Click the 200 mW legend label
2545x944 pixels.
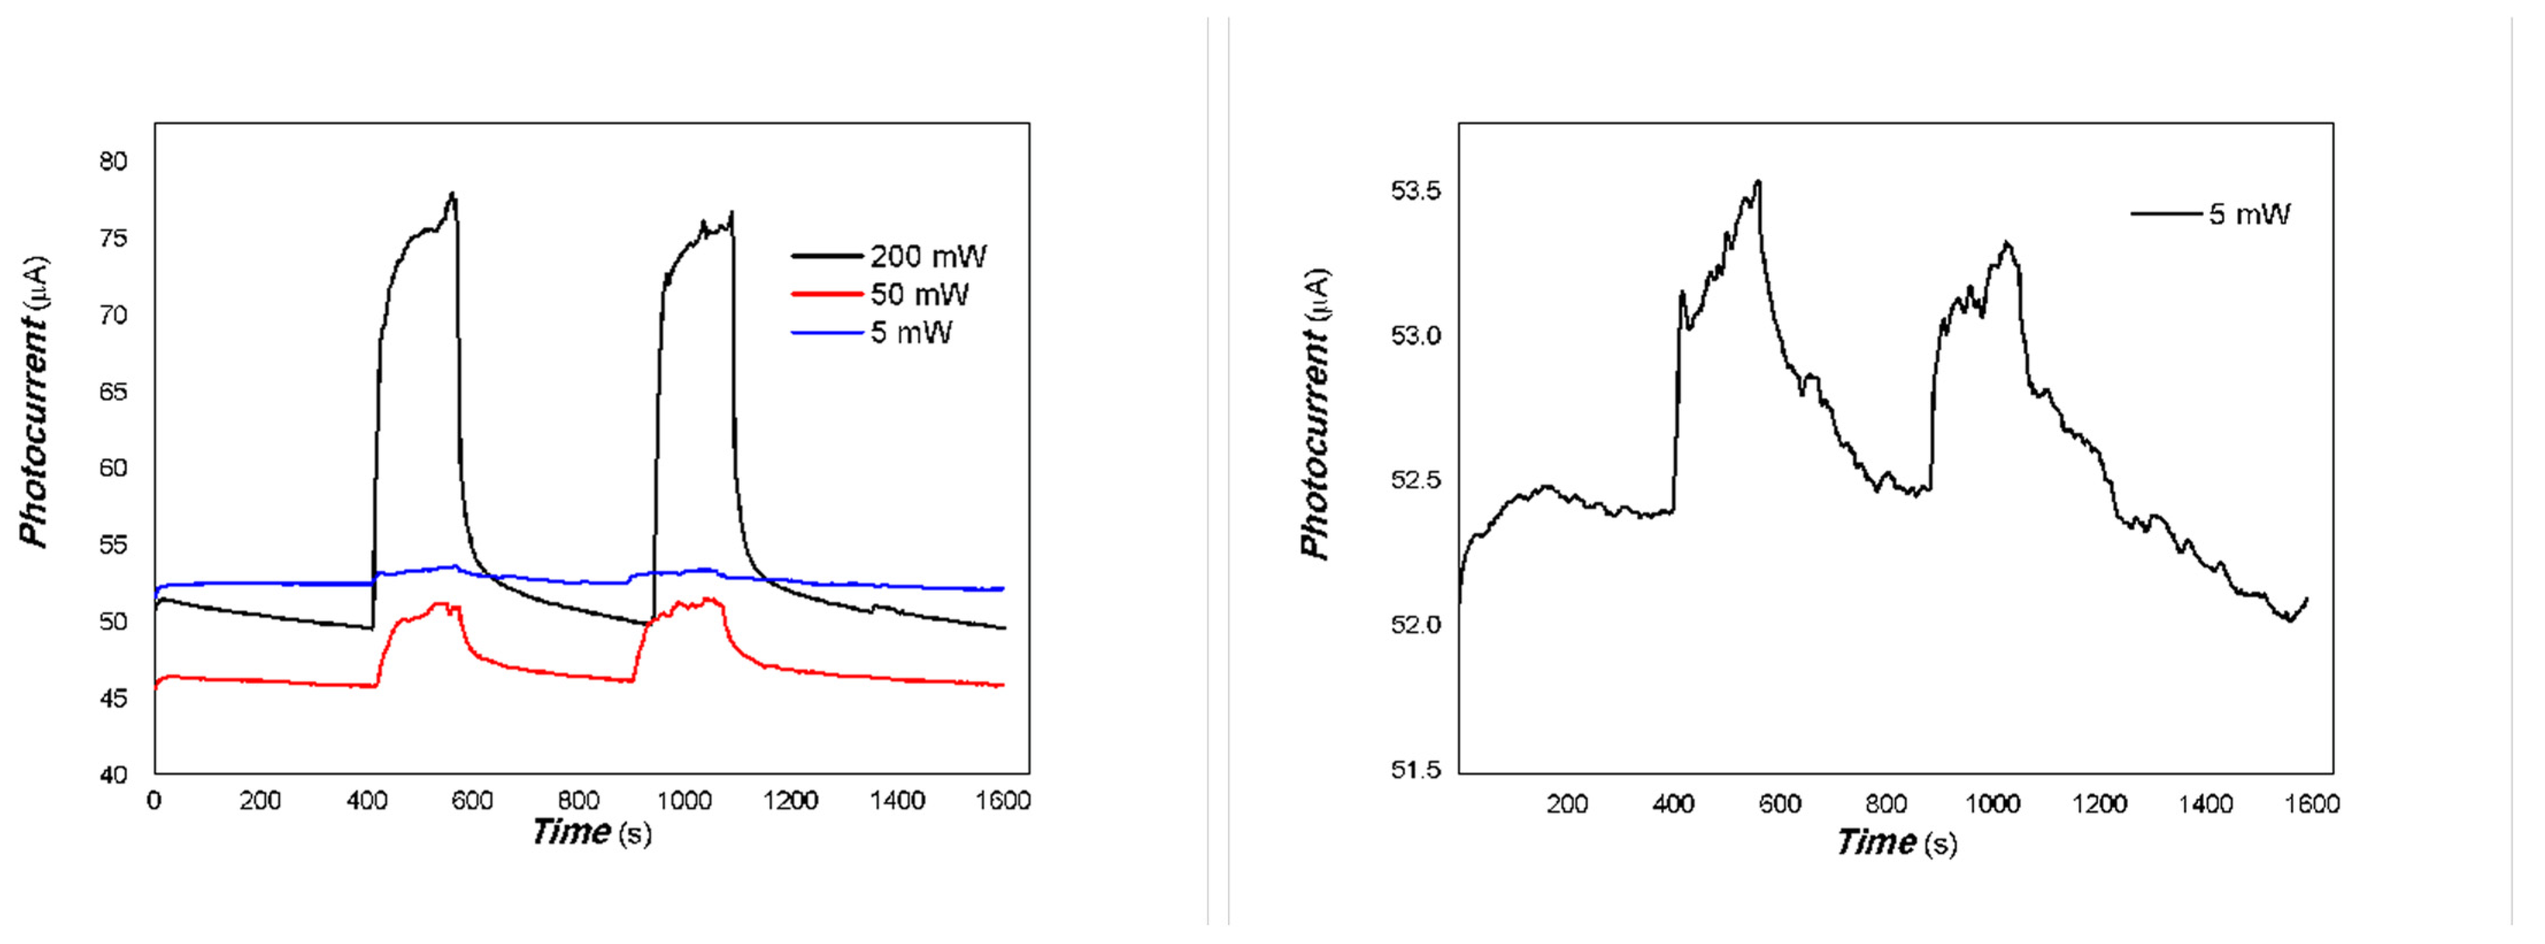coord(928,257)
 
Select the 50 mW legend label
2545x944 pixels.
coord(919,294)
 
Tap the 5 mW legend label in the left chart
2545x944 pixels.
coord(911,332)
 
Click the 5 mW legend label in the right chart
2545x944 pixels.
coord(2249,214)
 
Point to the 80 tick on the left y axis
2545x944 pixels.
coord(114,161)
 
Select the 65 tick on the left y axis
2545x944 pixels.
coord(114,392)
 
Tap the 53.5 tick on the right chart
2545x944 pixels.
coord(1416,191)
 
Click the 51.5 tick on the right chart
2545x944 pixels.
coord(1416,769)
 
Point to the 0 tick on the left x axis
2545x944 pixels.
coord(154,801)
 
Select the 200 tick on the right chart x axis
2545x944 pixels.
coord(1567,804)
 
